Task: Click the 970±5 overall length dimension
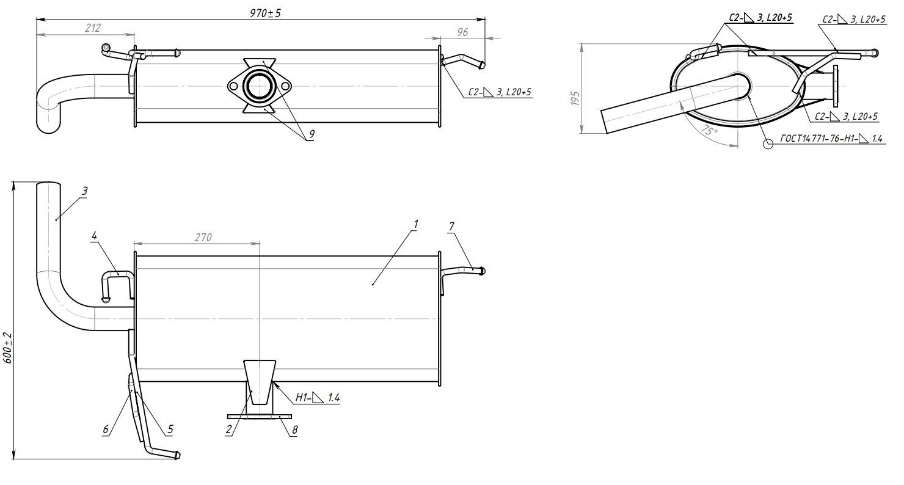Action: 265,13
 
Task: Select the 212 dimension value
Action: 93,28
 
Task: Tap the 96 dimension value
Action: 462,32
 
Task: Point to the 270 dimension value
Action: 203,237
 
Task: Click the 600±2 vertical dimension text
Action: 8,348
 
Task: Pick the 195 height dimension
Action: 575,98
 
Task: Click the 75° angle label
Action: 709,130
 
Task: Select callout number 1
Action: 416,224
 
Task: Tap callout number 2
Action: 229,430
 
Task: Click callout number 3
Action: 84,191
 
